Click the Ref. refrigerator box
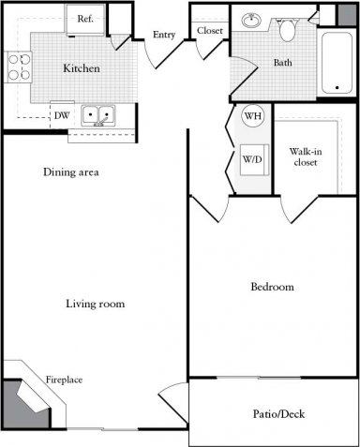pos(84,18)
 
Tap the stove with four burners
pos(19,67)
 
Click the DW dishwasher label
pos(60,116)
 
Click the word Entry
pos(164,35)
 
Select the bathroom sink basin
pos(251,20)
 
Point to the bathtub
pos(337,63)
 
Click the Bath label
pos(282,64)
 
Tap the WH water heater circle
pos(252,116)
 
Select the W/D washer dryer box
pos(252,157)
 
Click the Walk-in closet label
pos(303,156)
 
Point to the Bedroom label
pos(272,287)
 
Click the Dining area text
pos(71,172)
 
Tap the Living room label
pos(96,304)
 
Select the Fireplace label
pos(65,380)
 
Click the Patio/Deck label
pos(278,414)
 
